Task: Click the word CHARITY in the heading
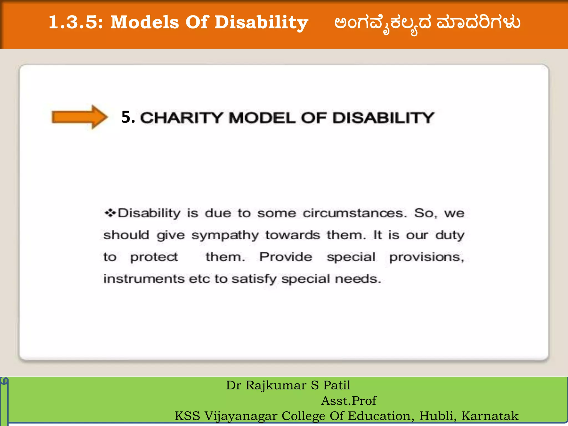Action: [x=182, y=118]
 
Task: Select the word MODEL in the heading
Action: [x=262, y=118]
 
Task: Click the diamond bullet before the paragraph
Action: [x=110, y=213]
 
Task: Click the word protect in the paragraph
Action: [x=154, y=257]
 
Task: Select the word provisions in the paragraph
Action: [x=427, y=257]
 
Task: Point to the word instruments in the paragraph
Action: [x=144, y=279]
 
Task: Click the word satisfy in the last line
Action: [x=254, y=279]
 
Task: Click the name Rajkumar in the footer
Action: [x=276, y=385]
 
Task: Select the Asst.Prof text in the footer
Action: [x=349, y=401]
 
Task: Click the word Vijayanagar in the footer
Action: [x=241, y=416]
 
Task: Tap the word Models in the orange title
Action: [x=144, y=22]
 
